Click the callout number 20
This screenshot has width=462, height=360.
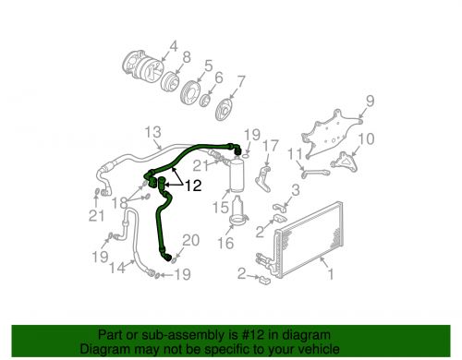[x=190, y=241]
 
